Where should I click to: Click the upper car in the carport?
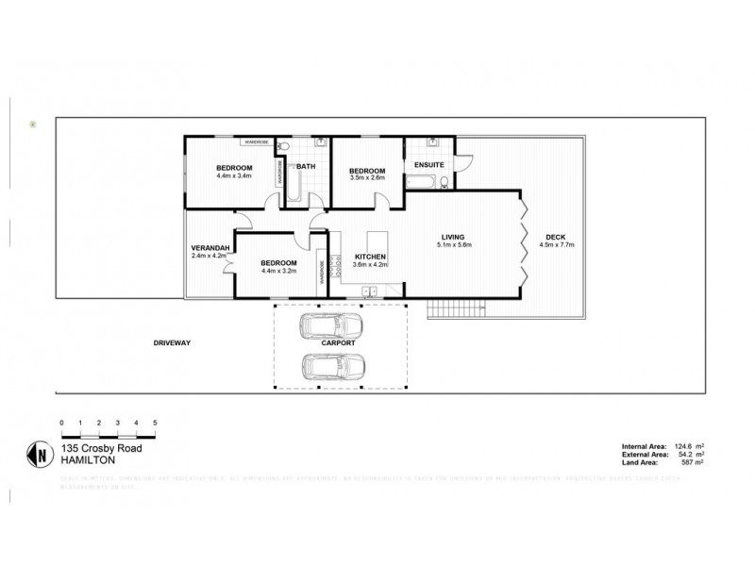[331, 327]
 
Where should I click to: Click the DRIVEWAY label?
[173, 343]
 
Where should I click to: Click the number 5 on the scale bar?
[155, 422]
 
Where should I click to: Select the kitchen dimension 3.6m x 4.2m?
[371, 265]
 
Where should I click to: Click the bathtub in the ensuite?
[428, 179]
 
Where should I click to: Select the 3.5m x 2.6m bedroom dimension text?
[367, 177]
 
